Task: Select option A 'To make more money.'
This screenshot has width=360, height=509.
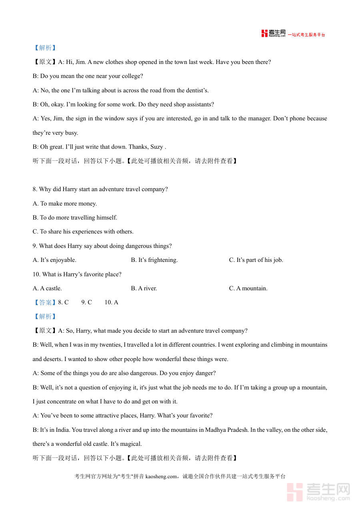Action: [x=65, y=204]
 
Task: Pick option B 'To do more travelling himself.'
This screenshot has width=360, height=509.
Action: [x=75, y=218]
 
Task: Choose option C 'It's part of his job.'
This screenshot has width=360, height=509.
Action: [x=256, y=260]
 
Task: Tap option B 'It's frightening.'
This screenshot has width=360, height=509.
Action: [x=154, y=260]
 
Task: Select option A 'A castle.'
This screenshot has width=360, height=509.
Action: [x=47, y=288]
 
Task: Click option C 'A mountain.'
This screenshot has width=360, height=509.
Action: [x=248, y=288]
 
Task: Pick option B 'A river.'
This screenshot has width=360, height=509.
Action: [x=144, y=288]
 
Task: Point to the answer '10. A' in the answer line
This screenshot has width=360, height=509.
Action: [x=111, y=302]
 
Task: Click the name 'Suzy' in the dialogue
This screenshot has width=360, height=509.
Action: [x=156, y=147]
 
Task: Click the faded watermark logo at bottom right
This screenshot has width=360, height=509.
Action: [x=318, y=492]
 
